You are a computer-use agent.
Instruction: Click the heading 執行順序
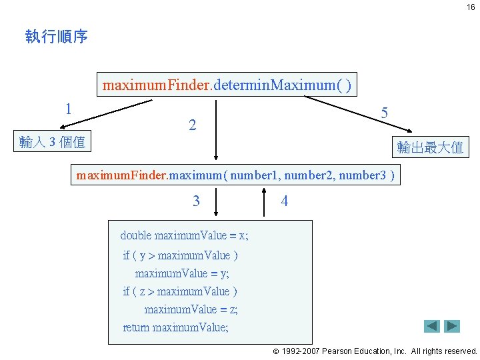[x=57, y=37]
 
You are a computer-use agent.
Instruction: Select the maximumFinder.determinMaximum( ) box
[x=227, y=85]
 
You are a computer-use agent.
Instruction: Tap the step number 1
[x=69, y=108]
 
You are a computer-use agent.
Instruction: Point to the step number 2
[x=192, y=125]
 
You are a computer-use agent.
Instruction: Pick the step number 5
[x=385, y=113]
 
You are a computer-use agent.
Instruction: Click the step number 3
[x=195, y=201]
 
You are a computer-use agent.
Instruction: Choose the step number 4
[x=285, y=201]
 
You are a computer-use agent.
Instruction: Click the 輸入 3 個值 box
[x=53, y=141]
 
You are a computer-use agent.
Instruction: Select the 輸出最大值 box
[x=430, y=147]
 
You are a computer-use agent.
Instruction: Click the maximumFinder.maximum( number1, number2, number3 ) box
[x=236, y=176]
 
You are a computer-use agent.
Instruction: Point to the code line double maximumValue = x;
[x=184, y=235]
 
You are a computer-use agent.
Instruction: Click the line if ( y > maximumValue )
[x=181, y=255]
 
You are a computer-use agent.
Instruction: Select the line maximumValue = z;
[x=191, y=309]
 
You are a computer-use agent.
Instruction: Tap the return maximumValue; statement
[x=175, y=327]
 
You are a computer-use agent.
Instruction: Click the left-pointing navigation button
[x=432, y=326]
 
